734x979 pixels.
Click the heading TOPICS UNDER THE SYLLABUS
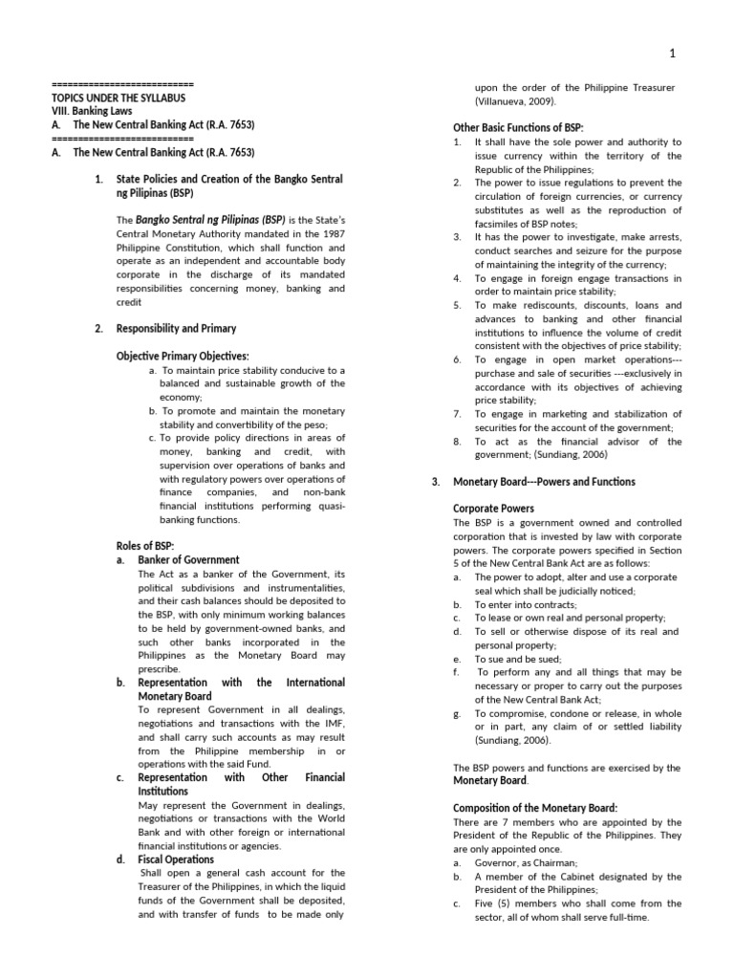(119, 98)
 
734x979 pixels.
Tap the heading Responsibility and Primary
(176, 328)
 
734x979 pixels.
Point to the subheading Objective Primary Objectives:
(182, 356)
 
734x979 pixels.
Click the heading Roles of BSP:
(144, 546)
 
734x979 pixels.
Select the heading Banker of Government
(188, 559)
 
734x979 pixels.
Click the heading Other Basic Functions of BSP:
(517, 128)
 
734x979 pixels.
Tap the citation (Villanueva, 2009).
(515, 101)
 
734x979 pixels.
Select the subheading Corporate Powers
(493, 509)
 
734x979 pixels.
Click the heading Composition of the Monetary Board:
(535, 808)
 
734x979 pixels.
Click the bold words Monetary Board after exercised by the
(489, 780)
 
